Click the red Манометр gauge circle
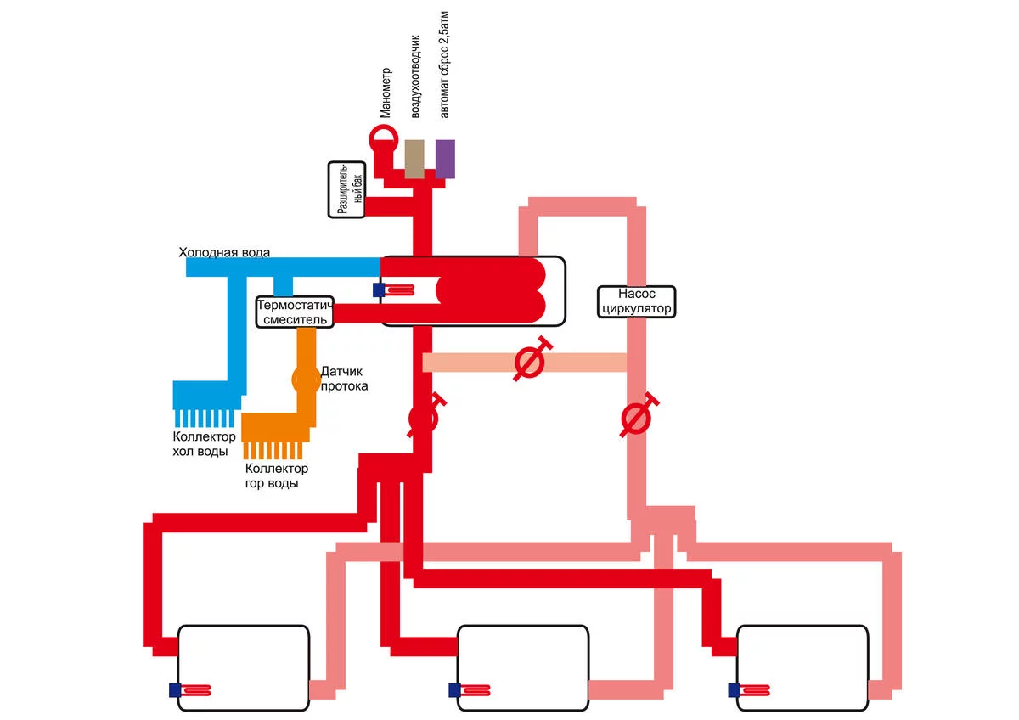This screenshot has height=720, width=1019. point(382,138)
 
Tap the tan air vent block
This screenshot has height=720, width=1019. point(414,159)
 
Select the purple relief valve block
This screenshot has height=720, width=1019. point(445,159)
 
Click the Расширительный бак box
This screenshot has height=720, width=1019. point(347,189)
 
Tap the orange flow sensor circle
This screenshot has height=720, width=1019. point(305,379)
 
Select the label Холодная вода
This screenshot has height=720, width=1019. point(224,252)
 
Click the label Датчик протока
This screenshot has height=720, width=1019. point(344,379)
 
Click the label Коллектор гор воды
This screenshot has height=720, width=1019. point(276,475)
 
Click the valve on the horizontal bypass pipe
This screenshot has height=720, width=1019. point(530,363)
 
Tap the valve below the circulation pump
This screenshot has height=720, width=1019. point(636,418)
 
